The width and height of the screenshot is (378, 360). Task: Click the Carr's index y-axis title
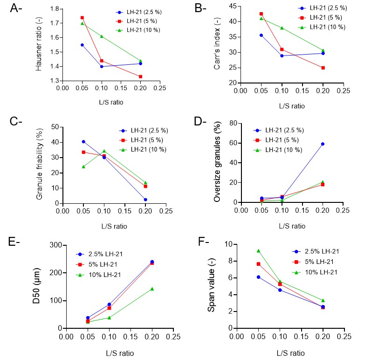217,45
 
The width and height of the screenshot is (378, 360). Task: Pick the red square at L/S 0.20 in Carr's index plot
323,68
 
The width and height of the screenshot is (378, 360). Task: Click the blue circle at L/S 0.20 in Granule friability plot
146,200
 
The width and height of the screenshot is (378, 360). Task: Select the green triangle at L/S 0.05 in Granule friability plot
83,166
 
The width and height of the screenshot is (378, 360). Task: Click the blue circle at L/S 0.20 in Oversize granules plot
323,144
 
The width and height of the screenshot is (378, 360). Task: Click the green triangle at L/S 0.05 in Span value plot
258,251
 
